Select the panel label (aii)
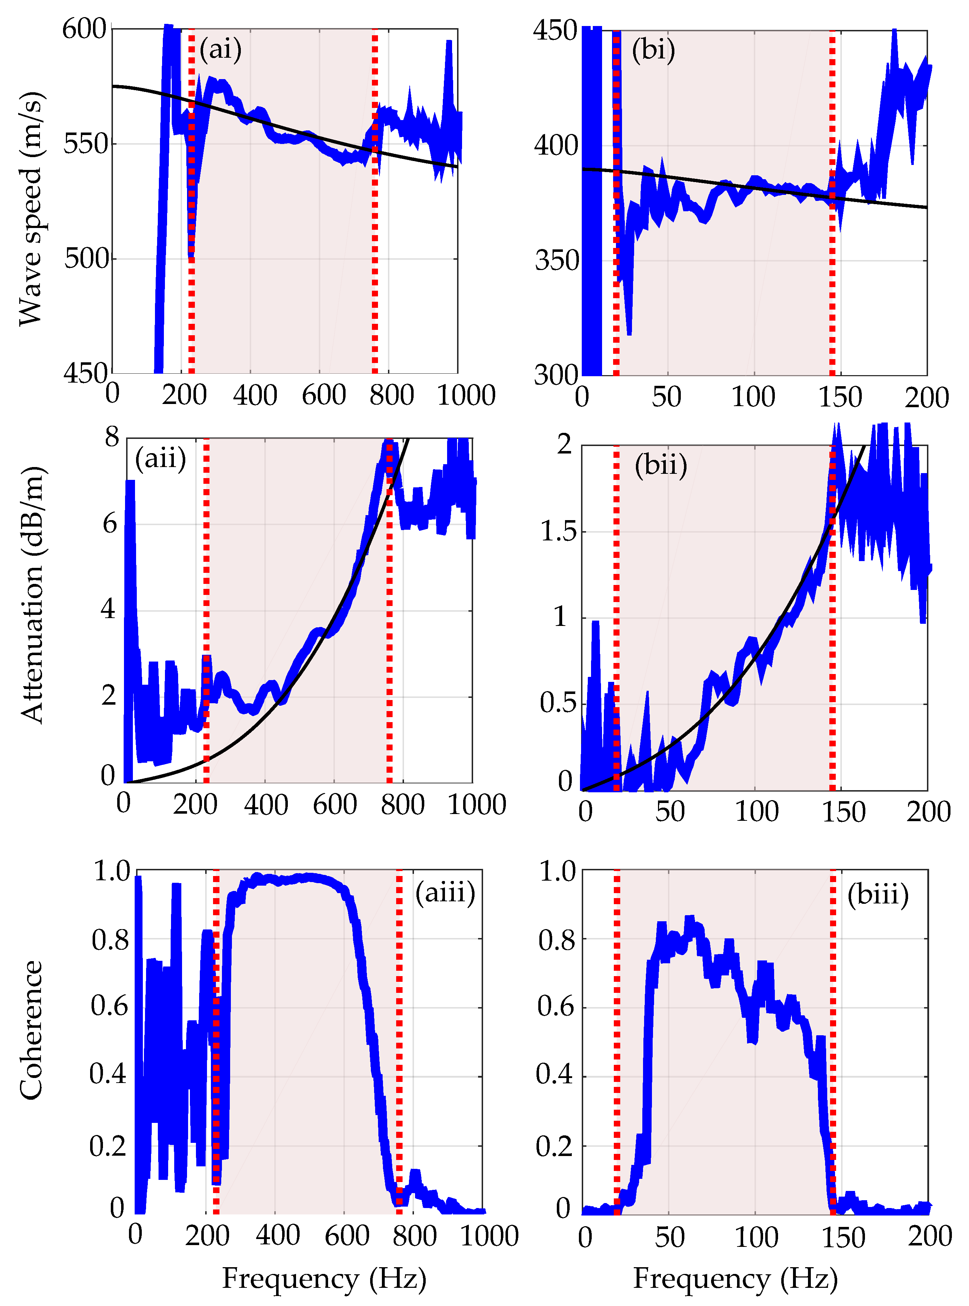pos(160,458)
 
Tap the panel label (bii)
pos(660,466)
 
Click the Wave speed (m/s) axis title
pos(31,208)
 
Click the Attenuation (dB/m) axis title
pos(32,595)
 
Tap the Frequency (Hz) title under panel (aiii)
pos(324,1279)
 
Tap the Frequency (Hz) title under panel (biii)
pos(735,1279)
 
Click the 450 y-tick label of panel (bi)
pos(555,31)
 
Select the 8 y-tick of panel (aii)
pos(112,437)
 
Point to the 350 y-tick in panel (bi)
pos(556,260)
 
